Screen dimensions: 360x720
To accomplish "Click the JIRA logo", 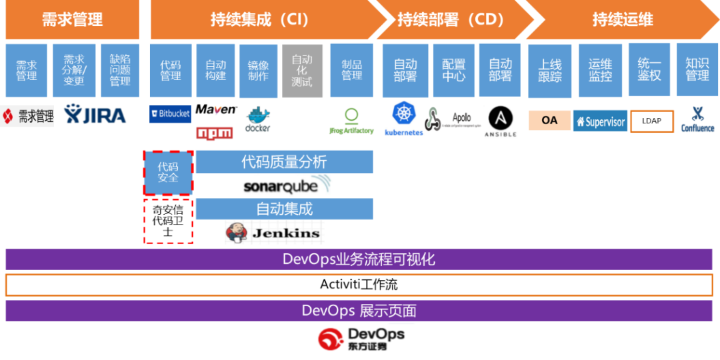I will pyautogui.click(x=89, y=115).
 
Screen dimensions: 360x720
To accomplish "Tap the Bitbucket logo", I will pyautogui.click(x=170, y=113).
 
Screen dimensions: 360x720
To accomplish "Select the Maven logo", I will pyautogui.click(x=215, y=109).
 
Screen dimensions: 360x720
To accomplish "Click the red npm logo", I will pyautogui.click(x=215, y=133).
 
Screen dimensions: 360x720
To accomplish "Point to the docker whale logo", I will pyautogui.click(x=257, y=119).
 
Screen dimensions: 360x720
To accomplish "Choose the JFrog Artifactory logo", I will pyautogui.click(x=351, y=121).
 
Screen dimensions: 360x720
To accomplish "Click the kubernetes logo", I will pyautogui.click(x=403, y=119).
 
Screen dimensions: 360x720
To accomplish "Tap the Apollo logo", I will pyautogui.click(x=453, y=119).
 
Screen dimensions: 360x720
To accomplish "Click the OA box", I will pyautogui.click(x=549, y=121).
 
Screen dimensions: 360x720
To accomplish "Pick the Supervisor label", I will pyautogui.click(x=600, y=121).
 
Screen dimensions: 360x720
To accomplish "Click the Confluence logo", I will pyautogui.click(x=697, y=119).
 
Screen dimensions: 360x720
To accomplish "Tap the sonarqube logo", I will pyautogui.click(x=288, y=185).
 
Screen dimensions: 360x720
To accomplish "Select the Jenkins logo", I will pyautogui.click(x=274, y=232).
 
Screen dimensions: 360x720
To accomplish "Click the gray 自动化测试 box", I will pyautogui.click(x=302, y=71).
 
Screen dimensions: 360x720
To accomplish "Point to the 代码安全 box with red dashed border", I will pyautogui.click(x=168, y=173).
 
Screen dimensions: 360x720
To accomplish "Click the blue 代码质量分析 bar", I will pyautogui.click(x=283, y=161).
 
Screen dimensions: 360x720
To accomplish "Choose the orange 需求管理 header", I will pyautogui.click(x=72, y=20).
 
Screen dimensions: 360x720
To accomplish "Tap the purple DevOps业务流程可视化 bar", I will pyautogui.click(x=359, y=259).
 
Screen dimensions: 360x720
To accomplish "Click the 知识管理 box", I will pyautogui.click(x=697, y=70).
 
